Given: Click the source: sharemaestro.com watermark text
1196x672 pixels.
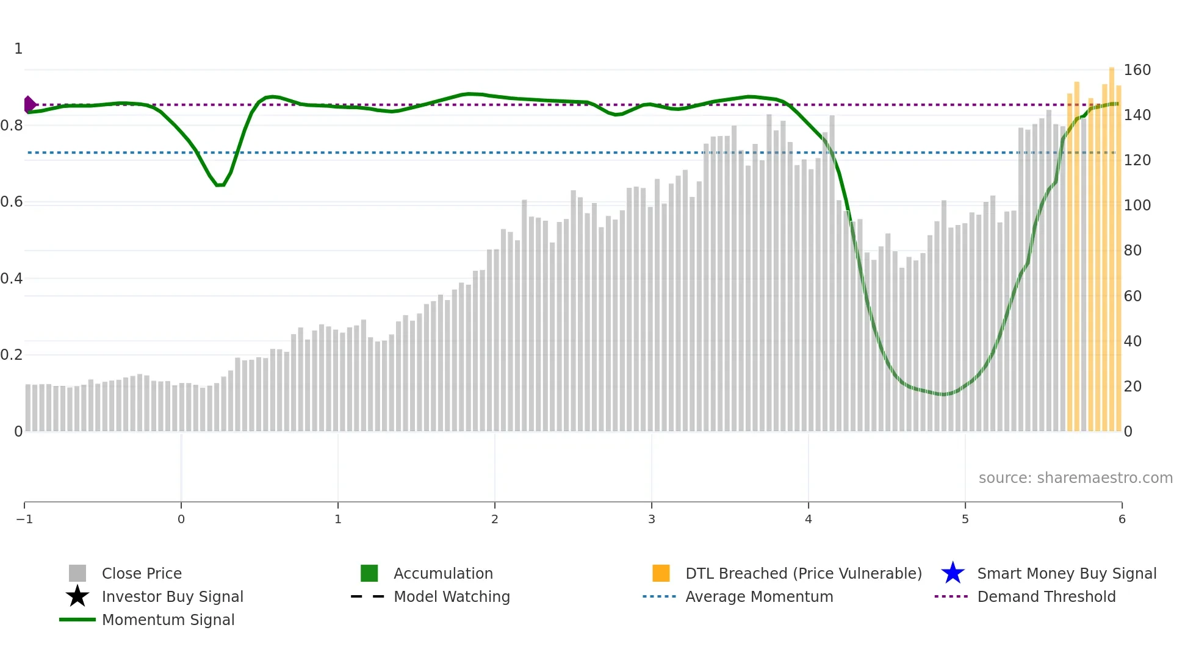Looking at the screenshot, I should [1075, 478].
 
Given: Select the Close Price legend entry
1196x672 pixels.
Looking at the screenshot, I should [141, 573].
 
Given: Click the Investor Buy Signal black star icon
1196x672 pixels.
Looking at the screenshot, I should [77, 596].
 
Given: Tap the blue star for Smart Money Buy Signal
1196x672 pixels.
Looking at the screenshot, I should [953, 573].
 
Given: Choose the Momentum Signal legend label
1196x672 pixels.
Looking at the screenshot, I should [168, 620].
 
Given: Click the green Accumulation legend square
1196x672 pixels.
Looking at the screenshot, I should [369, 573].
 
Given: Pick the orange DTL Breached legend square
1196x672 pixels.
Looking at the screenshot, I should [661, 573].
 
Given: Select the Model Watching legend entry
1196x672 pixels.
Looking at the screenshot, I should [451, 596].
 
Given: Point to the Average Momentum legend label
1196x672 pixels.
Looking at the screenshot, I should [758, 596].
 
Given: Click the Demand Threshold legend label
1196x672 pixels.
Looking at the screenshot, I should [1046, 596].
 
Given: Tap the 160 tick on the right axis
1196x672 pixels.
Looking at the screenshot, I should [1137, 70].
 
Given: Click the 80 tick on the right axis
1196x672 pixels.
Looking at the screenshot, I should [1133, 251].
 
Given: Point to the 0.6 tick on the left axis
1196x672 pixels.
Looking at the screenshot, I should [12, 202].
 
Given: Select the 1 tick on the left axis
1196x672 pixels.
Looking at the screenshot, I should [18, 49].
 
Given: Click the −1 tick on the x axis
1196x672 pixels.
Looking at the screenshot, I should [24, 520].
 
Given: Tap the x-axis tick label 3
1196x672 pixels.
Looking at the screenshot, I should [652, 520].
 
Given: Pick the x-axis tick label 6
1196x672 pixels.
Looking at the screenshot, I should [1122, 520].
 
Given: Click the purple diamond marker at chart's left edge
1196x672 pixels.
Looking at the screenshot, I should [29, 104].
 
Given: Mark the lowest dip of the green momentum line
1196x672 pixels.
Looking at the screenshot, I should [944, 395].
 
